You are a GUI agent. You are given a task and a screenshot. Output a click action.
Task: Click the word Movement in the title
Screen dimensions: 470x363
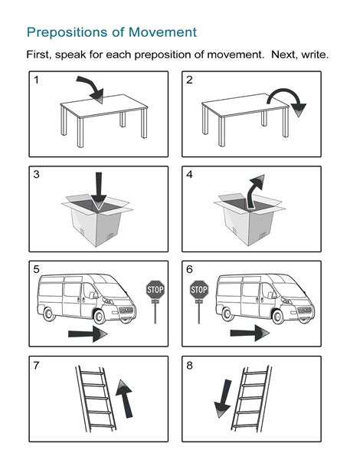tap(162, 32)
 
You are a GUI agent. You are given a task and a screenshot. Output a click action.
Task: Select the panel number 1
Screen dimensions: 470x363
tap(36, 80)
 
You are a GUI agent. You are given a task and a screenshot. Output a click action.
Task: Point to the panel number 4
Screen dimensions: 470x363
tap(190, 176)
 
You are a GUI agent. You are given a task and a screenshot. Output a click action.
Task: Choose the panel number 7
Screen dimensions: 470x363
tap(36, 366)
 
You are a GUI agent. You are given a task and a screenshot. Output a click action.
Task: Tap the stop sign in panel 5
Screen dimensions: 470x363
tap(155, 290)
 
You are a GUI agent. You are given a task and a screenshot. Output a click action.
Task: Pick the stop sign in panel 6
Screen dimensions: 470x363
tap(199, 290)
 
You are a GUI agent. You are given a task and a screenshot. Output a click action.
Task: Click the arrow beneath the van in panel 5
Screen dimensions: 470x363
tap(87, 334)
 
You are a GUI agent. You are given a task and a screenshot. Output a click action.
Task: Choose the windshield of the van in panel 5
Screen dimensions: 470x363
tap(106, 287)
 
